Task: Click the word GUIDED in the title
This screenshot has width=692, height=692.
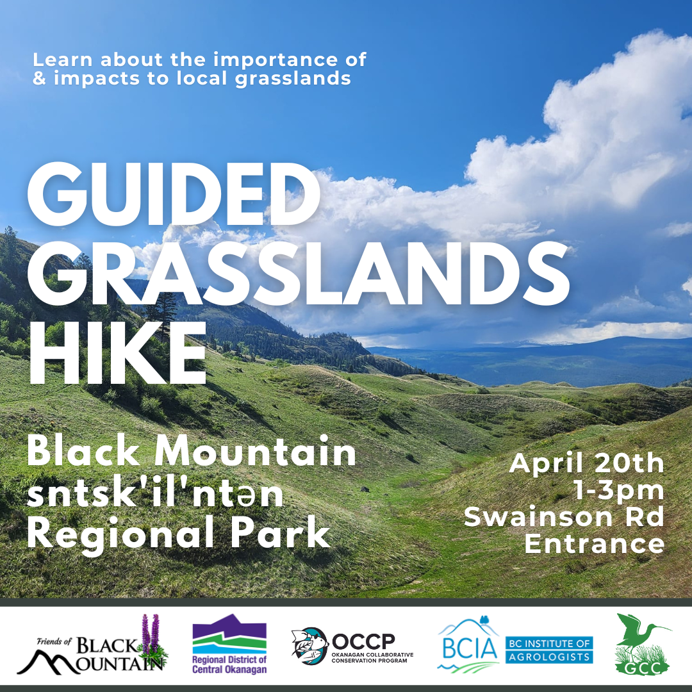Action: click(174, 195)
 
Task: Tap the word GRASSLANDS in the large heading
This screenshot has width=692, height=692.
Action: click(299, 273)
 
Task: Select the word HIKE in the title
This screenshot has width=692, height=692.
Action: click(117, 353)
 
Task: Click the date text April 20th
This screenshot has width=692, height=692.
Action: click(586, 463)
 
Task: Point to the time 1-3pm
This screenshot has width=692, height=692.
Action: click(619, 490)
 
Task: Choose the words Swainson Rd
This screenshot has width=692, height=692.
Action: click(564, 516)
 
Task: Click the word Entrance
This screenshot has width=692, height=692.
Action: click(595, 543)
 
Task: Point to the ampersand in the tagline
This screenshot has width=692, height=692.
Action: click(39, 78)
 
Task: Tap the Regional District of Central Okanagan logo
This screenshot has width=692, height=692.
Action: click(229, 644)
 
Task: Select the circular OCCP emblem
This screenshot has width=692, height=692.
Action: click(310, 645)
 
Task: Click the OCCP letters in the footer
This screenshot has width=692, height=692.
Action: click(363, 641)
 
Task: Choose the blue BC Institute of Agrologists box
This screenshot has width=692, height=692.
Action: click(549, 650)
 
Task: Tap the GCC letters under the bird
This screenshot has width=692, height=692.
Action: click(643, 668)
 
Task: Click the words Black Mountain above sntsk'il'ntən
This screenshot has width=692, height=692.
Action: click(192, 452)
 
